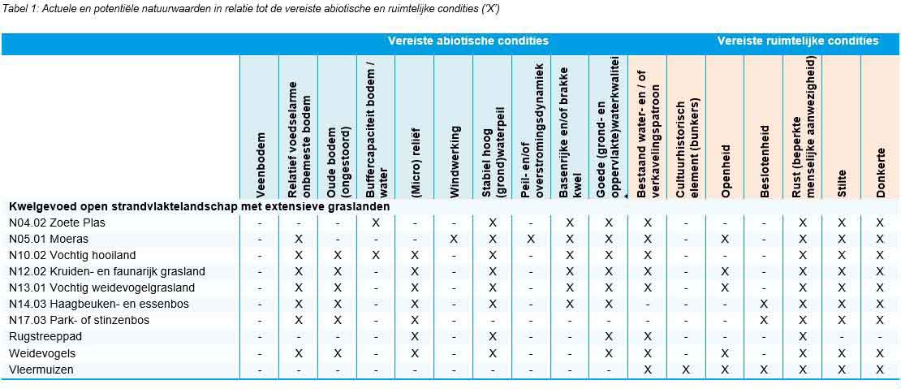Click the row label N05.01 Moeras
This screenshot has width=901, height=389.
point(49,239)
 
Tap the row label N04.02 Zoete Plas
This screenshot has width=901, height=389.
point(57,223)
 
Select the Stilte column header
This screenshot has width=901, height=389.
point(842,182)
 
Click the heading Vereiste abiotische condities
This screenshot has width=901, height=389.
point(468,41)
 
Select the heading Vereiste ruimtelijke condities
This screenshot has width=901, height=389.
point(797,41)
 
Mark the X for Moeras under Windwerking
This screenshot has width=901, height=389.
point(454,239)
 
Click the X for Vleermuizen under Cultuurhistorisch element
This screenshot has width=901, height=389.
point(686,370)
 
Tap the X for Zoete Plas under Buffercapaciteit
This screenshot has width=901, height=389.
point(376,223)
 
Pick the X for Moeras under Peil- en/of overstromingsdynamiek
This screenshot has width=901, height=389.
point(531,239)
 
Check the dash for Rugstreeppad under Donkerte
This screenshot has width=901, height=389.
point(881,336)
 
